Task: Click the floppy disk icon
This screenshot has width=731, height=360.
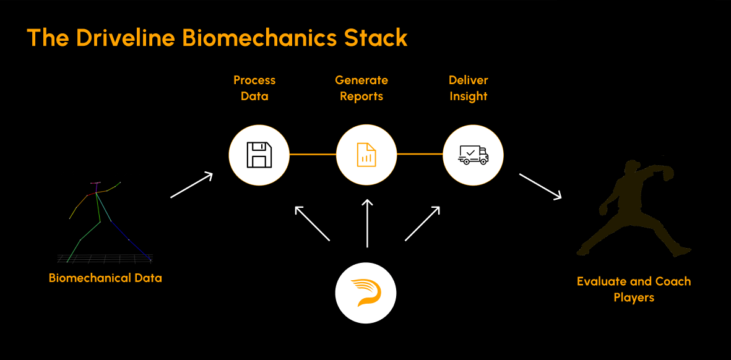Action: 259,155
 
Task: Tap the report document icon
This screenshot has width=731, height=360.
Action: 366,155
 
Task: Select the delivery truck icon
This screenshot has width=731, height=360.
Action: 473,155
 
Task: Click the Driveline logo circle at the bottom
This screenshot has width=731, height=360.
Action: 366,293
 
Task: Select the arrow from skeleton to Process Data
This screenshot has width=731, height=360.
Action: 191,186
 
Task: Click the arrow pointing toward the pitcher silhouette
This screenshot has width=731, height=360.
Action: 540,187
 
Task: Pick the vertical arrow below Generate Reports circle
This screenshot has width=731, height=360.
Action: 368,223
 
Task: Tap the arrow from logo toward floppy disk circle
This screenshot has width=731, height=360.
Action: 313,223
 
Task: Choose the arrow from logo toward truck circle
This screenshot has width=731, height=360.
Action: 422,223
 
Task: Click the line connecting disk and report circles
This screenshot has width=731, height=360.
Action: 313,154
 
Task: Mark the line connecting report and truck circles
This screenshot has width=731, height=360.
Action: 420,154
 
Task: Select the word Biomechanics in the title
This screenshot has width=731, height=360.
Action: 261,38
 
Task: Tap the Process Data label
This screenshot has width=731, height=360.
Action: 254,88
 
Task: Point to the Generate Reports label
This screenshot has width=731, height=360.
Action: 361,88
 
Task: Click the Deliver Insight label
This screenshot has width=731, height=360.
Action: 468,88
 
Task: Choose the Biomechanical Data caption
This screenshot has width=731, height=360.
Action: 105,278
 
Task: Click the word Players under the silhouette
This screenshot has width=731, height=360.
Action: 634,298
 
